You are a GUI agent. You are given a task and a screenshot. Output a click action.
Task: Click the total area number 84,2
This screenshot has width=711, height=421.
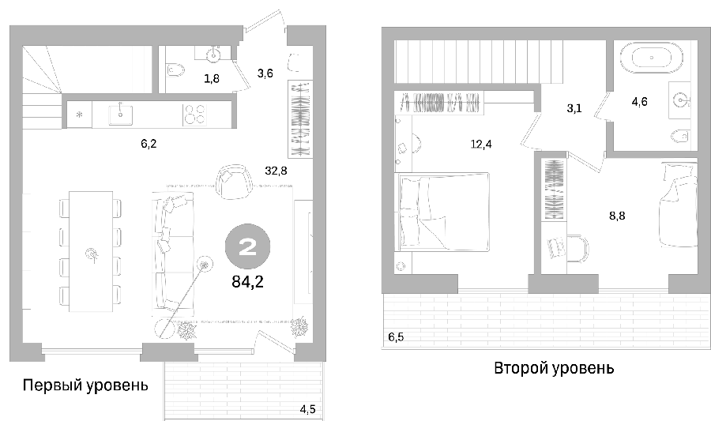pyautogui.click(x=247, y=282)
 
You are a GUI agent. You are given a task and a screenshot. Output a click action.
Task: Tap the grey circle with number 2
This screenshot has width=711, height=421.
pyautogui.click(x=247, y=247)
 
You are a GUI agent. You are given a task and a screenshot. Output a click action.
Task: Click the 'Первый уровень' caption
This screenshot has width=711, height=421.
pyautogui.click(x=85, y=385)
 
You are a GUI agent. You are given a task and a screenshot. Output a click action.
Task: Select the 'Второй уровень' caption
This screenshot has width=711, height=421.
pyautogui.click(x=554, y=368)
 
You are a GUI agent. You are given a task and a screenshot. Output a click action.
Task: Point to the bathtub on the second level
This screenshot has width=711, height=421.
pyautogui.click(x=652, y=58)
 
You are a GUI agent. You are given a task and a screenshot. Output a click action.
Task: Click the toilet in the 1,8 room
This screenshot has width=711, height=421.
pyautogui.click(x=176, y=71)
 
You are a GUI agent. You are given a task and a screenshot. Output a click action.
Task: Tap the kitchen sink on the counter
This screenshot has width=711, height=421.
pyautogui.click(x=121, y=115)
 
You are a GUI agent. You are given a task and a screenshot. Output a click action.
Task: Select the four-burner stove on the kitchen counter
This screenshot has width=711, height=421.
pyautogui.click(x=194, y=115)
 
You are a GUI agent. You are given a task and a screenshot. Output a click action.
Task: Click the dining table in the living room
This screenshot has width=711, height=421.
pyautogui.click(x=91, y=251)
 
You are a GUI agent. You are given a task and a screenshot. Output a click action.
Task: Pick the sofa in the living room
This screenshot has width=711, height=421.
pyautogui.click(x=172, y=251)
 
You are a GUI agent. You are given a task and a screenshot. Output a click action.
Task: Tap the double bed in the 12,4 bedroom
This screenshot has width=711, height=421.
pyautogui.click(x=443, y=211)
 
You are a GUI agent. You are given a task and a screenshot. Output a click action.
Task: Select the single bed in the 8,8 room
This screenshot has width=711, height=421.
pyautogui.click(x=678, y=205)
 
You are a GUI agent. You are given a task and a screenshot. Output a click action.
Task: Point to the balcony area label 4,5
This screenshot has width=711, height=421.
pyautogui.click(x=307, y=410)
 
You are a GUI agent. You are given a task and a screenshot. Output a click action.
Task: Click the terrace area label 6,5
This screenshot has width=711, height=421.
pyautogui.click(x=396, y=337)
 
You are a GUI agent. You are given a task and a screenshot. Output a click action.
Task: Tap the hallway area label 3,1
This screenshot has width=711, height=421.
pyautogui.click(x=574, y=109)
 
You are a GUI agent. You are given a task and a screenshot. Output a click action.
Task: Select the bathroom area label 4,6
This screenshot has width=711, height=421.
pyautogui.click(x=639, y=102)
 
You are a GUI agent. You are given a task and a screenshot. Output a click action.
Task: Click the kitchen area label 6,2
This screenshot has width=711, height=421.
pyautogui.click(x=149, y=144)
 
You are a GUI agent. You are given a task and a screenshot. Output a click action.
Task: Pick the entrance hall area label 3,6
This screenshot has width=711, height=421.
pyautogui.click(x=265, y=73)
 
